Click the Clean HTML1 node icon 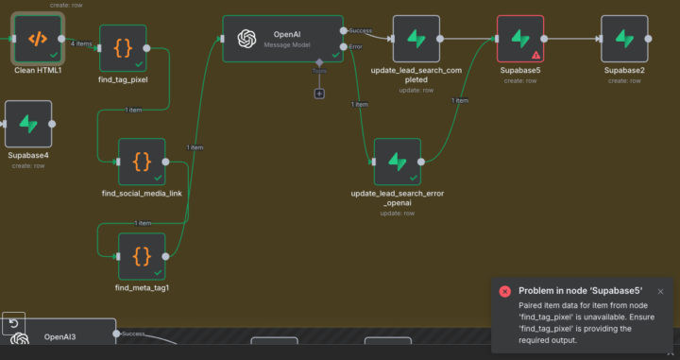tap(38, 39)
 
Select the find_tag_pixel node tap(123, 48)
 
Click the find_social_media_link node tap(142, 162)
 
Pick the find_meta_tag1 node tap(142, 255)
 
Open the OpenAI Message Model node tap(282, 39)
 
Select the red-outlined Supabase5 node tap(520, 39)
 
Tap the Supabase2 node tap(624, 39)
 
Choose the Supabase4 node tap(28, 125)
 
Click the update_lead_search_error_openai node tap(397, 162)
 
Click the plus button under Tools tap(319, 93)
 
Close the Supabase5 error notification tap(660, 292)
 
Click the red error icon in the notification tap(505, 292)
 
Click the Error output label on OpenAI tap(356, 46)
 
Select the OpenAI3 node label tap(59, 335)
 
